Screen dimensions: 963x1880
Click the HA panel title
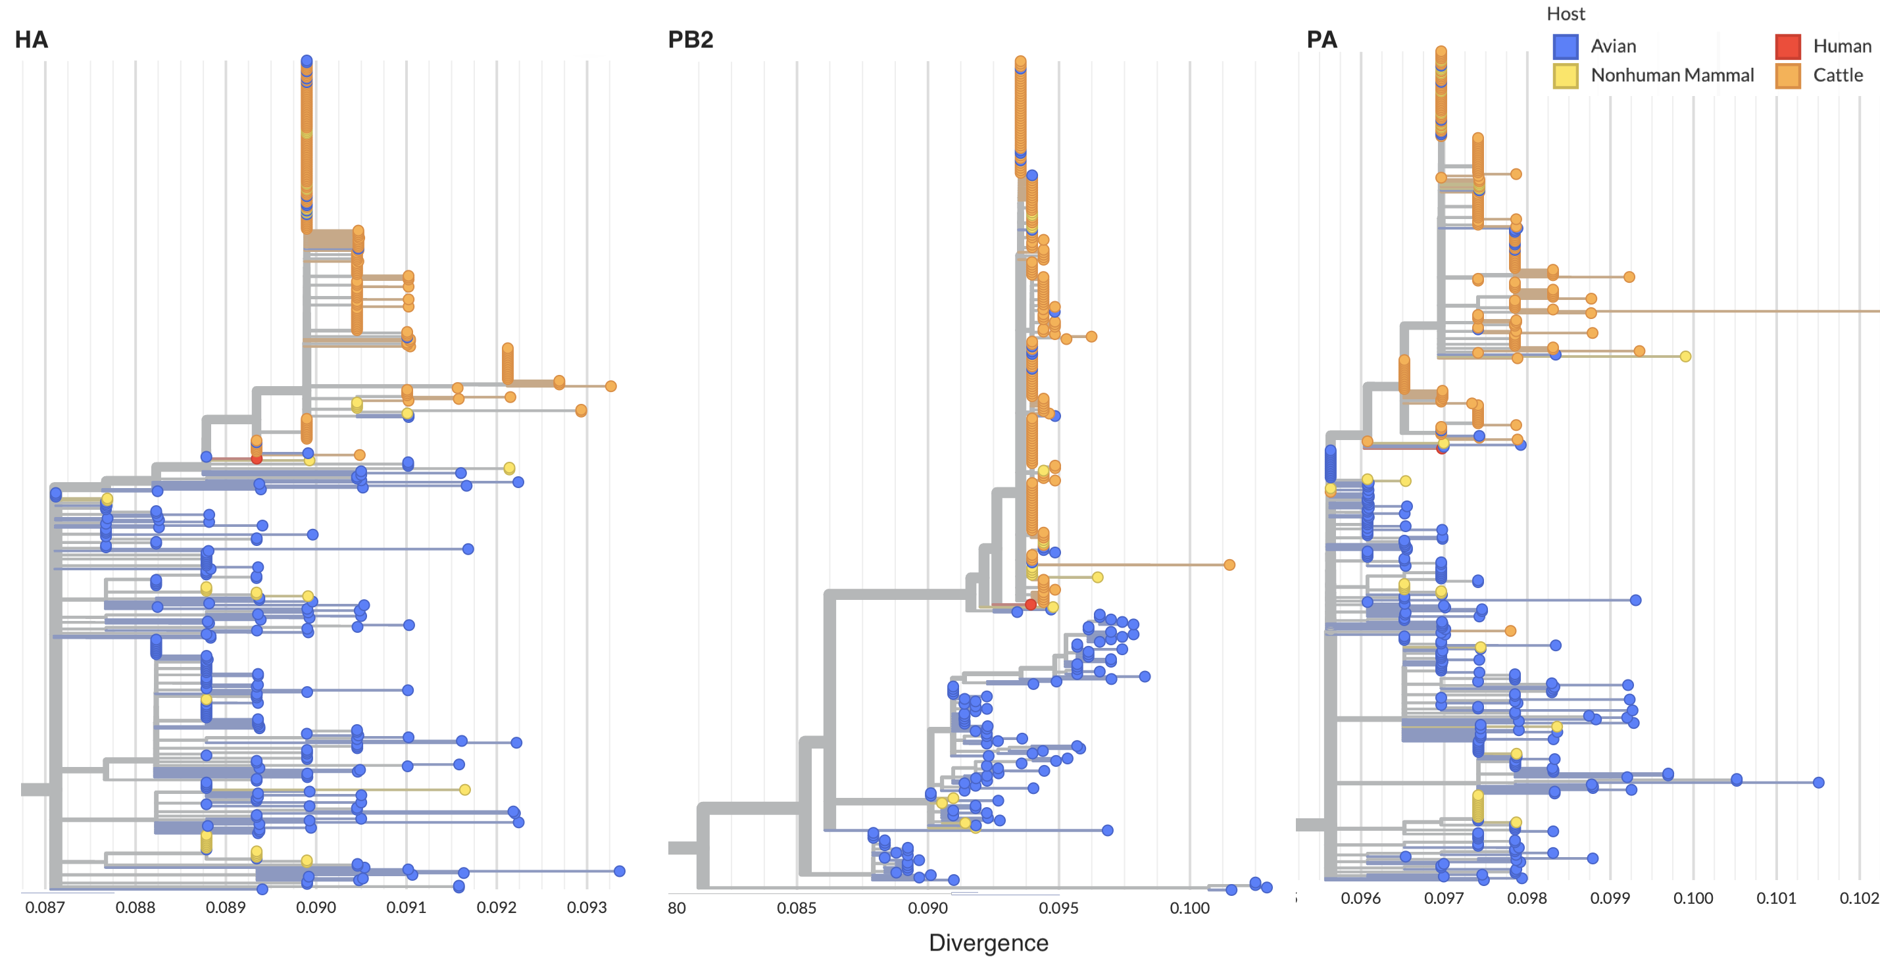[32, 39]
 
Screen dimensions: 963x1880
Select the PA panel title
[1321, 39]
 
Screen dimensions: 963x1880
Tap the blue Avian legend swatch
[1566, 47]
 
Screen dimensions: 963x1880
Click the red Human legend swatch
[1787, 47]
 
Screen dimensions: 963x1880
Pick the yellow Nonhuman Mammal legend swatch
[1566, 76]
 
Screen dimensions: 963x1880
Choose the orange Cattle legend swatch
[1787, 76]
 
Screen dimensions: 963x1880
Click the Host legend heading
[1566, 14]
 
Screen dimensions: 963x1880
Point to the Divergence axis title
[988, 943]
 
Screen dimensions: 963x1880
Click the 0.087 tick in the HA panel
[45, 908]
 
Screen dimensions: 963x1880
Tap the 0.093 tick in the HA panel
[587, 908]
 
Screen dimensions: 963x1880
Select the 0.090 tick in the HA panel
[316, 908]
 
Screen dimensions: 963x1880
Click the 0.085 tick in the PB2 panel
[796, 908]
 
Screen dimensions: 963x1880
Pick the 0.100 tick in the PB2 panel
[1189, 908]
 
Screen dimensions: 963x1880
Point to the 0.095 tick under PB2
[1058, 908]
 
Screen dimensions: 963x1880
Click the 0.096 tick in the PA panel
[1360, 899]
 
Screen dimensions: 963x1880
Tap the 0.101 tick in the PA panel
[1775, 899]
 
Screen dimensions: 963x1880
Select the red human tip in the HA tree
[256, 458]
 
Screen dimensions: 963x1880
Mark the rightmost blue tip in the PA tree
[1819, 782]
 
